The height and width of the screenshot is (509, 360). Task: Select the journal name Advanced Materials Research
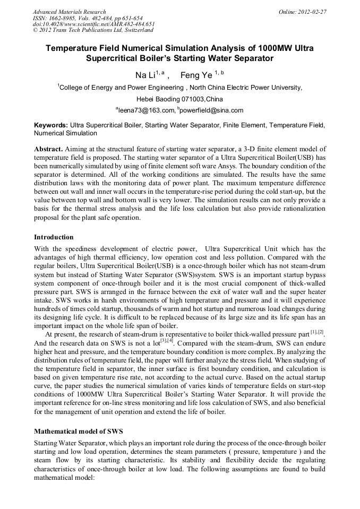point(69,12)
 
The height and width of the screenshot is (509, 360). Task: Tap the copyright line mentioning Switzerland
point(93,30)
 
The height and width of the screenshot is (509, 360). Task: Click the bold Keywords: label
point(51,126)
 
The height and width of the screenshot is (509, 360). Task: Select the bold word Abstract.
point(48,149)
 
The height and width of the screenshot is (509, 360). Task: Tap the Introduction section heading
point(54,237)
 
